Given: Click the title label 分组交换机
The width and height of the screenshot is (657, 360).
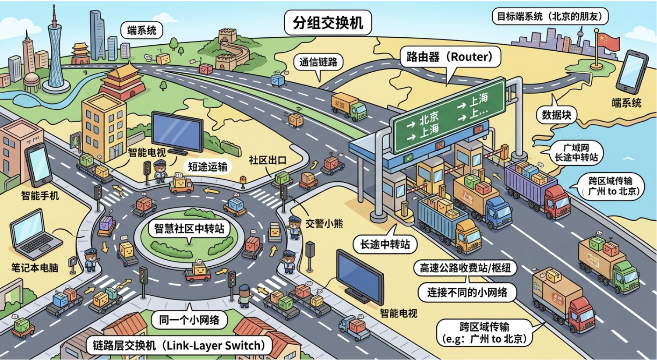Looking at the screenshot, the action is coord(328,22).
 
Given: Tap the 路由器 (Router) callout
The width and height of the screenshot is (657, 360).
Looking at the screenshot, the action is coord(449,57).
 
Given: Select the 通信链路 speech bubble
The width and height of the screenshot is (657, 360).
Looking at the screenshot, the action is coord(318,62).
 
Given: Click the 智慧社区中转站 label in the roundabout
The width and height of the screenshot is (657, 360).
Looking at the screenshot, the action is coord(189,228).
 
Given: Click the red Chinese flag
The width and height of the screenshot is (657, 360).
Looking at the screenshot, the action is coord(609,42).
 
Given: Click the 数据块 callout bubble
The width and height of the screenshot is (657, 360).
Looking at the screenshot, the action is coord(556,115).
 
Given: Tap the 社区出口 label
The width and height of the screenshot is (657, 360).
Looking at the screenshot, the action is coord(268,160).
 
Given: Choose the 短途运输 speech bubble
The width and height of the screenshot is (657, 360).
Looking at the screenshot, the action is coord(208,166).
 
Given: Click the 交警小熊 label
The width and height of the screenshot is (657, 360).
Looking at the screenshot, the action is coord(324,223).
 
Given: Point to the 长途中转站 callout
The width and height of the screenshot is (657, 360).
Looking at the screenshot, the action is coord(385,244).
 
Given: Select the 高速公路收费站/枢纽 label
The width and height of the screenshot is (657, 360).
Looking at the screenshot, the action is coord(465,268).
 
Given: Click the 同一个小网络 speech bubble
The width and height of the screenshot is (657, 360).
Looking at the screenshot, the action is coord(189,320).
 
